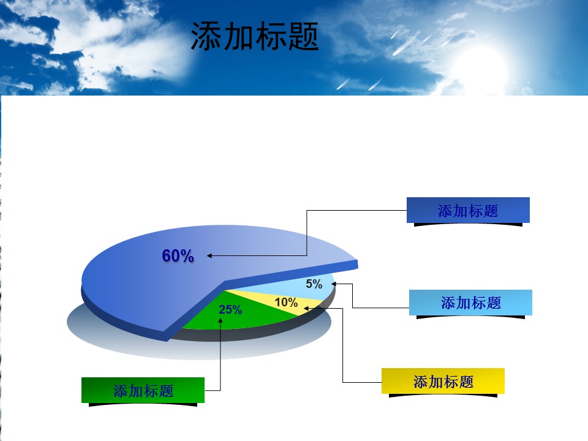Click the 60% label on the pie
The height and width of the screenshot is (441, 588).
[x=178, y=256]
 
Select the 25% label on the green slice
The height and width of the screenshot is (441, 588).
[x=230, y=309]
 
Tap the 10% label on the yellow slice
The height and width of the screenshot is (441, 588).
[x=286, y=302]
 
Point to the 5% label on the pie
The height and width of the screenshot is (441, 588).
[x=314, y=284]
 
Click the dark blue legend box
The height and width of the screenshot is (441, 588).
[x=468, y=210]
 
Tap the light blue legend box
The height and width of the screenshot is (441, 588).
[x=470, y=302]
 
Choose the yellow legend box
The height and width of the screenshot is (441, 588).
[x=443, y=381]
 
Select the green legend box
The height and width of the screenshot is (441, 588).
[x=143, y=390]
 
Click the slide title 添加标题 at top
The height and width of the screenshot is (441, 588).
[x=255, y=36]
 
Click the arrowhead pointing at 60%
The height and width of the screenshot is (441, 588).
[x=209, y=256]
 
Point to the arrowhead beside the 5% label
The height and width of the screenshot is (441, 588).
[x=333, y=284]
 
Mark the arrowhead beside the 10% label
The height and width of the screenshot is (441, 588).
[x=306, y=308]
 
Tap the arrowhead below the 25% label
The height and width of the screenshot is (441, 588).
[x=221, y=320]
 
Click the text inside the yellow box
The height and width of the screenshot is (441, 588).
[x=443, y=382]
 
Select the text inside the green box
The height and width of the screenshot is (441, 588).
[x=143, y=391]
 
